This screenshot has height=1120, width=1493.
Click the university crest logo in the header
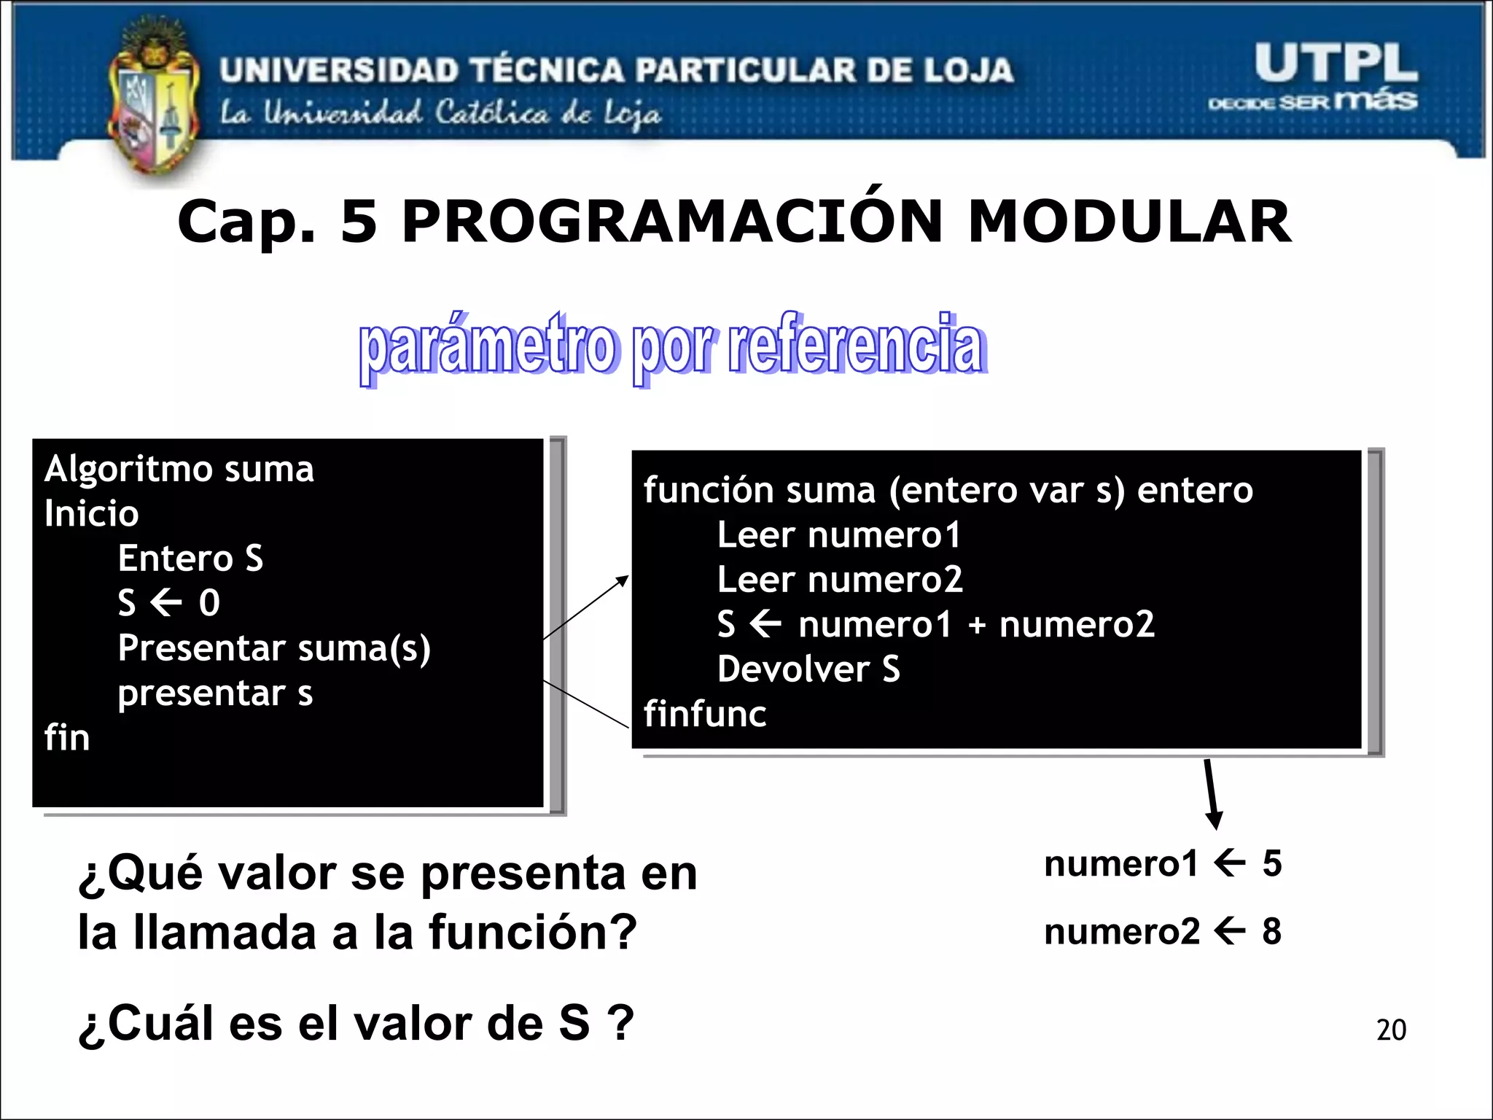point(153,102)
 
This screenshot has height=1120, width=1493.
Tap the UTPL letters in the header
point(1336,64)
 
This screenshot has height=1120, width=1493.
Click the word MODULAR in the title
point(1129,222)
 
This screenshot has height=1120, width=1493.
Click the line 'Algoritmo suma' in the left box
point(179,469)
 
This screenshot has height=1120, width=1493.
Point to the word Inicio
point(91,514)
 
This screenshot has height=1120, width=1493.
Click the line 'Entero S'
point(190,559)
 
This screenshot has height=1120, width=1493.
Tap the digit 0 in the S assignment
point(209,603)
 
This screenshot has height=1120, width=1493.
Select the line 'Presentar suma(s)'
point(274,648)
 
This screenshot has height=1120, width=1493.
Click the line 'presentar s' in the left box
point(215,693)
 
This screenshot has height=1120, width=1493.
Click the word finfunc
point(705,714)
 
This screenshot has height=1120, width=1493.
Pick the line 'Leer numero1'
point(838,535)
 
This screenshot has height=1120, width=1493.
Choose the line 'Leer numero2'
point(840,580)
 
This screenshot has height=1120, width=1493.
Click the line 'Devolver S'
point(808,669)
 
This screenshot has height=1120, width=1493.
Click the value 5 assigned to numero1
point(1272,863)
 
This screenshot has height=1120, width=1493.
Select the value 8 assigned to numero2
point(1272,931)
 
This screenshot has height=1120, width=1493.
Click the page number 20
point(1391,1030)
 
